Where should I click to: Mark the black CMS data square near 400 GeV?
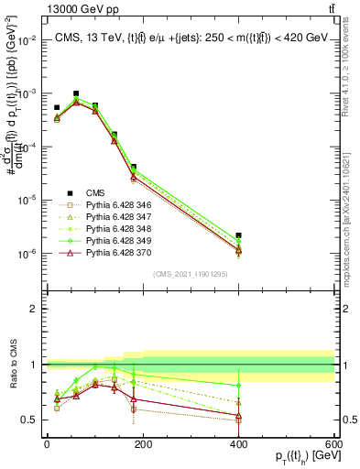pos(238,235)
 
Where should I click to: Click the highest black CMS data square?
pos(75,93)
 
